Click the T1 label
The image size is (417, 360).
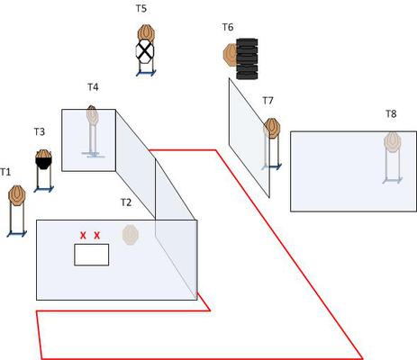[x=5, y=172]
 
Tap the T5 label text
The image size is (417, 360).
[x=141, y=8]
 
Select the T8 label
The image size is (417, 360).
[x=391, y=113]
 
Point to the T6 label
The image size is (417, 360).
[x=228, y=27]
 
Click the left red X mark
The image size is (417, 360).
[x=83, y=236]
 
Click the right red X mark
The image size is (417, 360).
[x=96, y=236]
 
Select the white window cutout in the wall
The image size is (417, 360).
[x=92, y=255]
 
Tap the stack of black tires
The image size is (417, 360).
[x=247, y=58]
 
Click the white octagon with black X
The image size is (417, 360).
[x=145, y=51]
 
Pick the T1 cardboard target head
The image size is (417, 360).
[x=17, y=195]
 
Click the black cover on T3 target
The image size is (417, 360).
[x=43, y=163]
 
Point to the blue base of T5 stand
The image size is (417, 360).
[x=146, y=73]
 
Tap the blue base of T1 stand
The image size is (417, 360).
[x=17, y=234]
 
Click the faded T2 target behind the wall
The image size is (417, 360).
[x=131, y=235]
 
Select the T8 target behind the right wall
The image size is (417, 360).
[x=393, y=142]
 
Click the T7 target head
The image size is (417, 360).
[x=272, y=129]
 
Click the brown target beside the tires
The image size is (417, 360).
[x=230, y=55]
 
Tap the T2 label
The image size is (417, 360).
[x=126, y=202]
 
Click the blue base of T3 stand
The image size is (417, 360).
[x=44, y=189]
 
